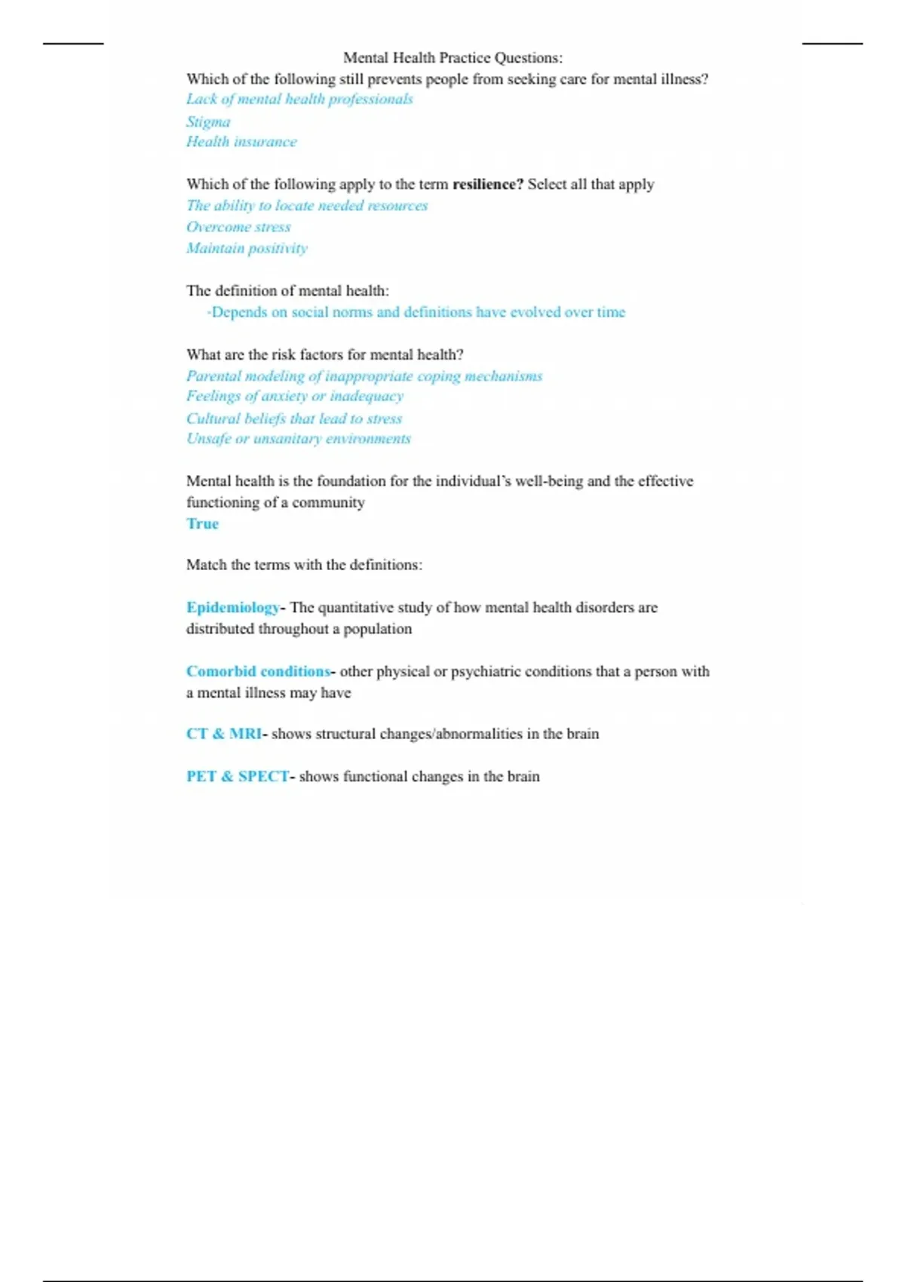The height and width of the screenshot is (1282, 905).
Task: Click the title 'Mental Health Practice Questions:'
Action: [452, 58]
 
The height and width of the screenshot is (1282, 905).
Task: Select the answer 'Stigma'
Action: [208, 121]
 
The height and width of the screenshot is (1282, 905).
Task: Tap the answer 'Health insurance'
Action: [241, 142]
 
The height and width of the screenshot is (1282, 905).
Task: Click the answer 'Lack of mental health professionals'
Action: [299, 100]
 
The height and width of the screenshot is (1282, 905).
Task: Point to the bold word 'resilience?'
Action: [487, 185]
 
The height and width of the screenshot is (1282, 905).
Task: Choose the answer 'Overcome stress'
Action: [238, 227]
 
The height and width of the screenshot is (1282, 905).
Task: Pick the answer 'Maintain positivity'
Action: [247, 248]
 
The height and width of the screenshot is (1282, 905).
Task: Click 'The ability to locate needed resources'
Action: [307, 206]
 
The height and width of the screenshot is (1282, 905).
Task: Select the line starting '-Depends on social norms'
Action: [416, 312]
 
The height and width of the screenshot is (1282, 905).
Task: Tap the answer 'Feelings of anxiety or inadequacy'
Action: [295, 396]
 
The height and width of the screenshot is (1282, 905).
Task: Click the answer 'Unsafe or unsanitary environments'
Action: [299, 439]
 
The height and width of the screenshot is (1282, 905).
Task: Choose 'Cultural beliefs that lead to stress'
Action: [294, 419]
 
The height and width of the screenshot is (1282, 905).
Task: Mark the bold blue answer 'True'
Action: [202, 524]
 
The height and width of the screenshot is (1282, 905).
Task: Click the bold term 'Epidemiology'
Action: [232, 608]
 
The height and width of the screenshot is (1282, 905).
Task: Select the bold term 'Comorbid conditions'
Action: [258, 671]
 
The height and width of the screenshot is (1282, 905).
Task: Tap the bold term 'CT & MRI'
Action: [223, 734]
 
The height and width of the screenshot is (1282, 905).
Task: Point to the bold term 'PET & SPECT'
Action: [237, 777]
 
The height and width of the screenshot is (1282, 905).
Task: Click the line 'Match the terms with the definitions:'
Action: [304, 565]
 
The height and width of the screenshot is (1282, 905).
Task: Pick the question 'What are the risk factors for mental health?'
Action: [324, 354]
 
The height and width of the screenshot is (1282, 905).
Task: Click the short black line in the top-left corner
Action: [73, 44]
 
